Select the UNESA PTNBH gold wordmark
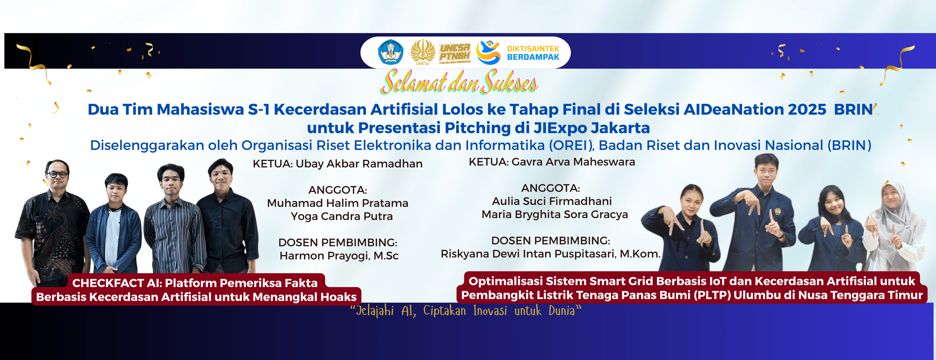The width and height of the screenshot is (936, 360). click(x=455, y=53)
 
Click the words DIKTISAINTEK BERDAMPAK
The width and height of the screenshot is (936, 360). click(x=533, y=53)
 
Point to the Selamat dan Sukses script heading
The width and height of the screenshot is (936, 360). click(x=459, y=82)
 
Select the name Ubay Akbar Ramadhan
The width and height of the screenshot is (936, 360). click(x=359, y=164)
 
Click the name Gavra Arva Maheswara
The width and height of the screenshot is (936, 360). click(x=573, y=162)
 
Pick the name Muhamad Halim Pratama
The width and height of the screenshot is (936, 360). click(x=338, y=203)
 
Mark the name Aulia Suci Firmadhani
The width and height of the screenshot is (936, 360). click(x=552, y=201)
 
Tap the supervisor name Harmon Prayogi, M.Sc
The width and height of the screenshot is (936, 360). click(x=339, y=256)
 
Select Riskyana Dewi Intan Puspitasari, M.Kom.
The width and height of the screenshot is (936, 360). click(x=550, y=254)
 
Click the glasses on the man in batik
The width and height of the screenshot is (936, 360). click(x=57, y=174)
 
